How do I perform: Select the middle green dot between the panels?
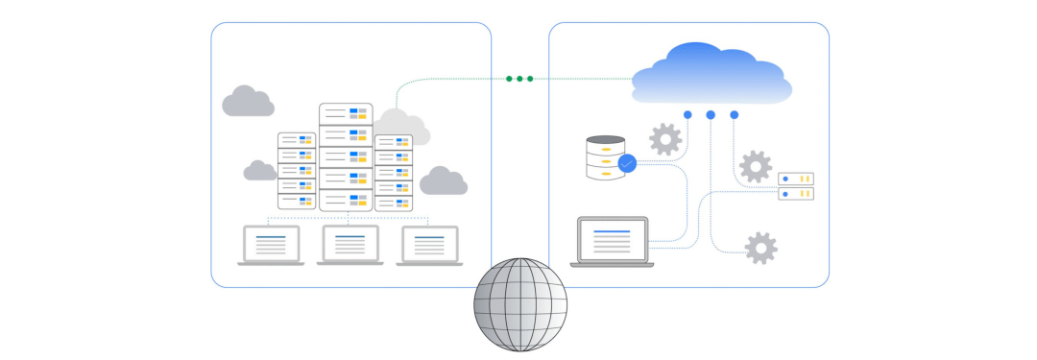pos(519,79)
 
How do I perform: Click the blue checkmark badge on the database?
pos(627,164)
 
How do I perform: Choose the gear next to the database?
pos(665,139)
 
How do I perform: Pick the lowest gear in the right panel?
pos(761,248)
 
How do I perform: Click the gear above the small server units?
pos(756,166)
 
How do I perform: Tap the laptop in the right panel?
pos(612,242)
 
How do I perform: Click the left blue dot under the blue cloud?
pos(687,115)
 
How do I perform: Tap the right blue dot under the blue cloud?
pos(735,115)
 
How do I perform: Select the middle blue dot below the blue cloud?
pos(711,115)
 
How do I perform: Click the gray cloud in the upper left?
pos(248,101)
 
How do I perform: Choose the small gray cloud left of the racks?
pos(260,171)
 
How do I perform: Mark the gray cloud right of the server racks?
pos(443,180)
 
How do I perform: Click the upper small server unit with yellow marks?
pos(796,179)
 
